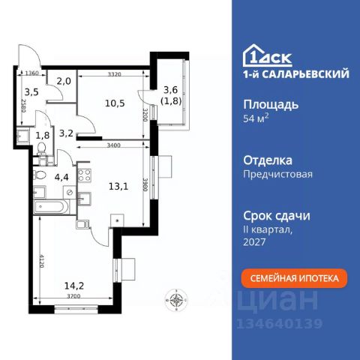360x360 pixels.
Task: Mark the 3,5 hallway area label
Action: coord(31,95)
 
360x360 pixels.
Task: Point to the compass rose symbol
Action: coord(176,301)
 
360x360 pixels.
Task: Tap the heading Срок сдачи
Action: coord(277,214)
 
